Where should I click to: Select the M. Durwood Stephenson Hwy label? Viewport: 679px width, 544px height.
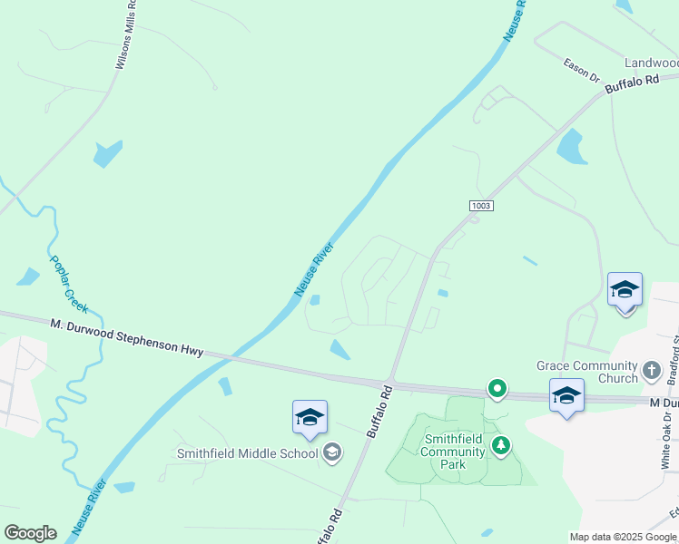tap(127, 337)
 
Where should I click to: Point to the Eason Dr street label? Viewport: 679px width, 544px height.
tap(582, 70)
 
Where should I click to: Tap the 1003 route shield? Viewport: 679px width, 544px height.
tap(481, 206)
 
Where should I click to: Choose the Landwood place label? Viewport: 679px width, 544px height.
tap(651, 63)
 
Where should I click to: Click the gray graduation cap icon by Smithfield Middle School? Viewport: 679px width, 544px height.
tap(332, 452)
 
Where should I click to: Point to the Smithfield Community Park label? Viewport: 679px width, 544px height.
tap(445, 452)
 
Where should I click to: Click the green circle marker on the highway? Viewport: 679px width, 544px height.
tap(497, 389)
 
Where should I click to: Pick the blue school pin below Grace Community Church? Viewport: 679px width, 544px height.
tap(566, 395)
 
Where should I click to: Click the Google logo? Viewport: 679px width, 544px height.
tap(30, 533)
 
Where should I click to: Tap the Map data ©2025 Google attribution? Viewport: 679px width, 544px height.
tap(622, 537)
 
